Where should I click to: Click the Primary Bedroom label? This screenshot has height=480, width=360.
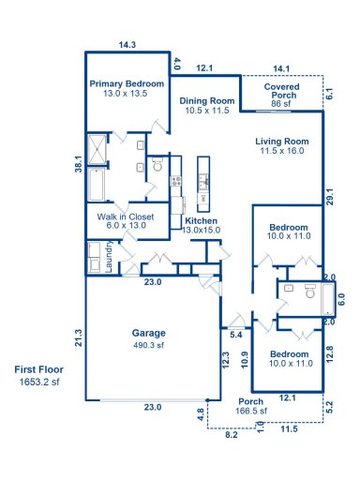click(x=126, y=88)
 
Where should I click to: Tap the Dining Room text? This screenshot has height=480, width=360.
click(x=206, y=106)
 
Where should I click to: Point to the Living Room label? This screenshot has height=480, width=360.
click(x=282, y=146)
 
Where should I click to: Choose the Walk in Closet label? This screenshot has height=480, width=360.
click(x=126, y=220)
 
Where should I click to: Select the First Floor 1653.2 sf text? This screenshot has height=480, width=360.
click(x=37, y=376)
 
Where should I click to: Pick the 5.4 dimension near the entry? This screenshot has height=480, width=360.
click(x=235, y=335)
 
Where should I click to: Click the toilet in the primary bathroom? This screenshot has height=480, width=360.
click(x=157, y=165)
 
